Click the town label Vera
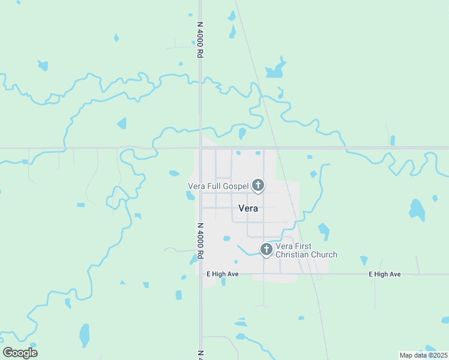pyautogui.click(x=249, y=209)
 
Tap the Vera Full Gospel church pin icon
pyautogui.click(x=258, y=185)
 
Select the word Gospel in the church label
pyautogui.click(x=235, y=186)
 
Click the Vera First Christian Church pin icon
pyautogui.click(x=267, y=249)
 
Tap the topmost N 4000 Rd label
pyautogui.click(x=200, y=40)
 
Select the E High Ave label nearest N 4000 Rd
pyautogui.click(x=223, y=274)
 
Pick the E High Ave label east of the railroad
pyautogui.click(x=385, y=274)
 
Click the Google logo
pyautogui.click(x=20, y=353)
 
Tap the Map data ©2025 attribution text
pyautogui.click(x=423, y=355)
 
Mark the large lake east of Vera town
pyautogui.click(x=417, y=209)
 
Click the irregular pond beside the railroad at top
pyautogui.click(x=276, y=69)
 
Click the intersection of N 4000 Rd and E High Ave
pyautogui.click(x=200, y=274)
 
